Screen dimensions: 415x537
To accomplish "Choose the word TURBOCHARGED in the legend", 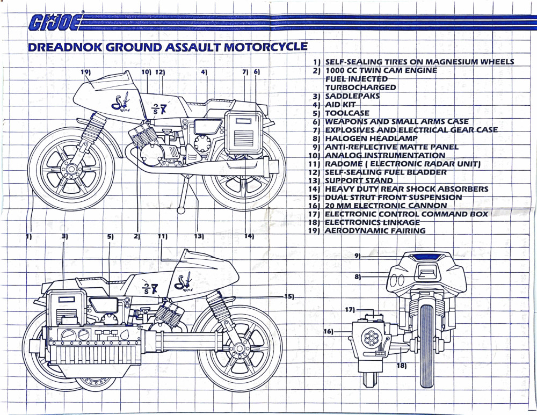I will (x=360, y=88).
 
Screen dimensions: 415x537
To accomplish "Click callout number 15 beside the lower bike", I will (x=289, y=296).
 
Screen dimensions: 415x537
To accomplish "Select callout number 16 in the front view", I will (x=329, y=331).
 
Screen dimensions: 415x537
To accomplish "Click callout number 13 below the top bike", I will (x=199, y=236).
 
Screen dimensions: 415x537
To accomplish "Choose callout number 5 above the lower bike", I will (x=110, y=236).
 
